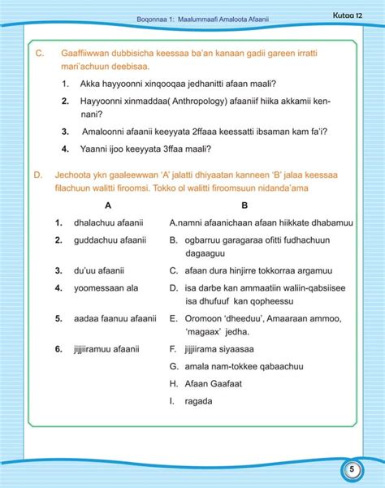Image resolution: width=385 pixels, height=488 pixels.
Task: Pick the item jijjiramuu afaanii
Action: pyautogui.click(x=106, y=349)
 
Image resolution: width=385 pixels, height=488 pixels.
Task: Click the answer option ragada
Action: pyautogui.click(x=198, y=400)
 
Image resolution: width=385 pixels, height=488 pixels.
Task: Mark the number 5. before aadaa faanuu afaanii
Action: pyautogui.click(x=59, y=318)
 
